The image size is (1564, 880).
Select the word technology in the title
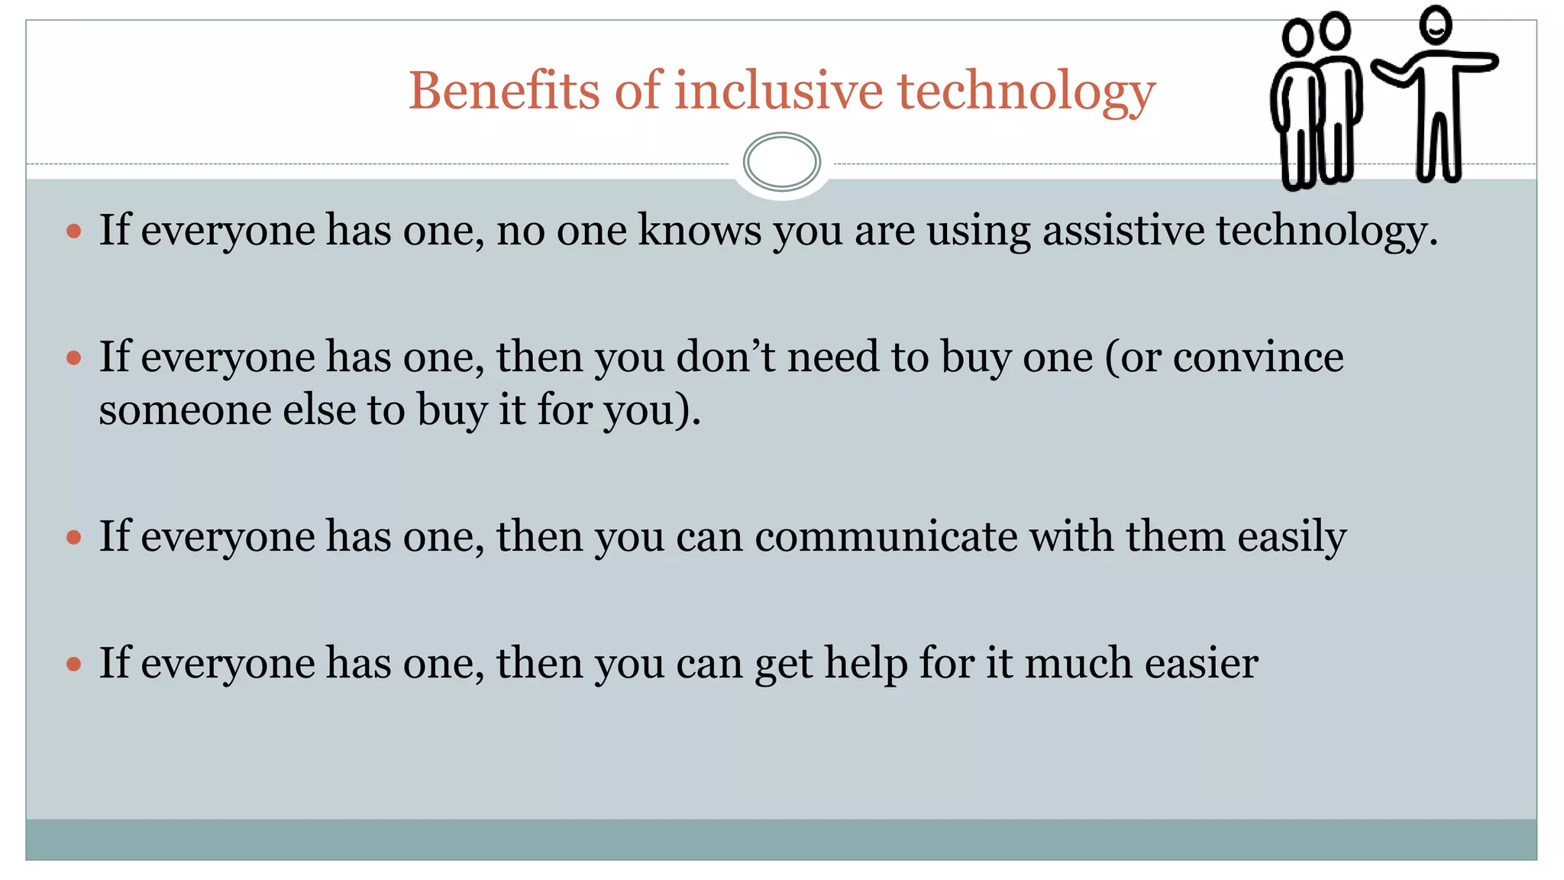coord(1026,92)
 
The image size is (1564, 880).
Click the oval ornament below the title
coord(781,162)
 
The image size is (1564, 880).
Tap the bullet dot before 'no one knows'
coord(74,231)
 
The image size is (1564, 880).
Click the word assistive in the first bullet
coord(1123,230)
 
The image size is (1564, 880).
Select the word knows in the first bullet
coord(700,230)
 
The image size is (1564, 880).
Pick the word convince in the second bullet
coord(1258,357)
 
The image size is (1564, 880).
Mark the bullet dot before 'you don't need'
coord(74,357)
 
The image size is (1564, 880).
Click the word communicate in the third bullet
coord(886,536)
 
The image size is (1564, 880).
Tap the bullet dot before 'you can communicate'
coord(74,538)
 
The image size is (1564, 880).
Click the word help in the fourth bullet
coord(865,663)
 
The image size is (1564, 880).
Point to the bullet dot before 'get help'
coord(74,664)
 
